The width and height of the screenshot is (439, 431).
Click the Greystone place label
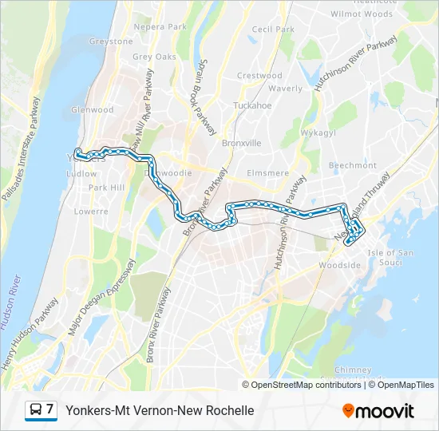click(111, 42)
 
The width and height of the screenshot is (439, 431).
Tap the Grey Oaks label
click(154, 57)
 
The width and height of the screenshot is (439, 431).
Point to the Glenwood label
click(93, 109)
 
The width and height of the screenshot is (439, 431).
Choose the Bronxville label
click(242, 144)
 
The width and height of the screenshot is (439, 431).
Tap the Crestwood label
click(260, 76)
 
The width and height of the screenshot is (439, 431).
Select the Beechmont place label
click(353, 165)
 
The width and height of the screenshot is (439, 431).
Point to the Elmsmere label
click(268, 172)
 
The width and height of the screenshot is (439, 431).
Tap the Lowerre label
click(90, 212)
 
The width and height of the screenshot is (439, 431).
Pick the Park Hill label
click(107, 188)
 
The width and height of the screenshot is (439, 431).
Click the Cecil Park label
click(273, 30)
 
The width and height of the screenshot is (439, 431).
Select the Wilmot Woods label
click(362, 14)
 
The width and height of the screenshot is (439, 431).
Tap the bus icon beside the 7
click(35, 410)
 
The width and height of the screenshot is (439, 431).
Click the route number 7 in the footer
click(50, 410)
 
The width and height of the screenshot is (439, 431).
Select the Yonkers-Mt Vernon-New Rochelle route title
click(160, 410)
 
